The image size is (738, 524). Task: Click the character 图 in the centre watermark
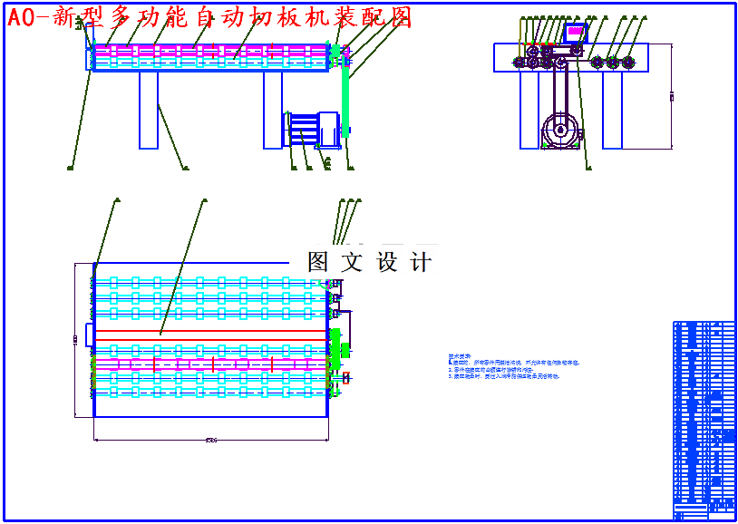tap(318, 262)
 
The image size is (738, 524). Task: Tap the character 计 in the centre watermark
tap(421, 262)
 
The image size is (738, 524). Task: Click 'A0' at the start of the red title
tap(22, 17)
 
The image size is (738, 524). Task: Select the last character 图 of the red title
tap(399, 16)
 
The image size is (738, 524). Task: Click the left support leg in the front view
tap(149, 110)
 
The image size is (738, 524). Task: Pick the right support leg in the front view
tap(273, 110)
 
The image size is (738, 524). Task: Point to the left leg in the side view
tap(529, 109)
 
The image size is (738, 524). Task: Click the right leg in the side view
tap(612, 109)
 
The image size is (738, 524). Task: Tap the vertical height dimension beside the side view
tap(671, 96)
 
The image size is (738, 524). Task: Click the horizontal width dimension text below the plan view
tap(210, 440)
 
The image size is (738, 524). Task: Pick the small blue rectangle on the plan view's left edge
tap(89, 334)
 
